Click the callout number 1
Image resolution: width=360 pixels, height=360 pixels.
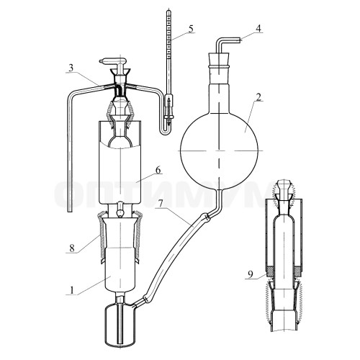[71, 290]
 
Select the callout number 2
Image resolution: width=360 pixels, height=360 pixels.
[258, 96]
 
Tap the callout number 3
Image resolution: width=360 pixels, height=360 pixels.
[71, 68]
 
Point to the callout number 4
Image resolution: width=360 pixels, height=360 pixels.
[258, 28]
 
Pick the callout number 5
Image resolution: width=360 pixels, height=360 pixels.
[191, 28]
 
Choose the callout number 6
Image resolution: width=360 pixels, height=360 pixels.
[158, 170]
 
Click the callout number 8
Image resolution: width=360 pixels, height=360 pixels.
[72, 248]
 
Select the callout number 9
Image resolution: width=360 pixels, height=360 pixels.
[251, 274]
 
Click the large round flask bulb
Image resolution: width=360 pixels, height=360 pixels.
[219, 150]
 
